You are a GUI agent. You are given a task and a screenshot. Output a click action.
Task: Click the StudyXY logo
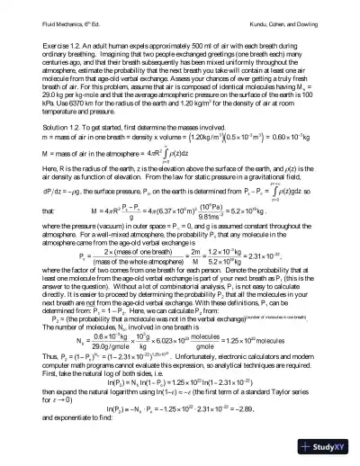pyautogui.click(x=324, y=445)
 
